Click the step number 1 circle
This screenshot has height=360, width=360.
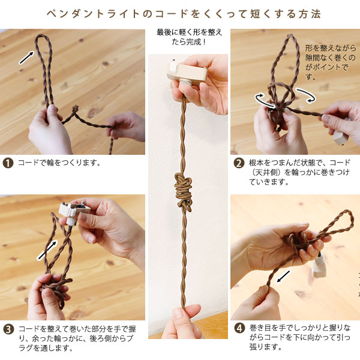[8, 163]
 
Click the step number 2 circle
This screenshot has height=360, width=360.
[239, 163]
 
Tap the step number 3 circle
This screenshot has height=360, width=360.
[8, 329]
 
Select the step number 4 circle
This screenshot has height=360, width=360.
[239, 328]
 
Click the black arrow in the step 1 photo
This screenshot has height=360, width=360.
[26, 58]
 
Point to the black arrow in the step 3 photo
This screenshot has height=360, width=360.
[47, 250]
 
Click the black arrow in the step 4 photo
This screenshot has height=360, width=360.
[284, 276]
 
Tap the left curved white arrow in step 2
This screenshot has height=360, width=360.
[264, 100]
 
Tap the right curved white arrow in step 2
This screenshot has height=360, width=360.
[306, 94]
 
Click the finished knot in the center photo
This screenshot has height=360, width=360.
[184, 192]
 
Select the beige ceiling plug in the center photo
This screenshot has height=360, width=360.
[187, 73]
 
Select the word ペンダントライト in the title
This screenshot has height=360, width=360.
[93, 14]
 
